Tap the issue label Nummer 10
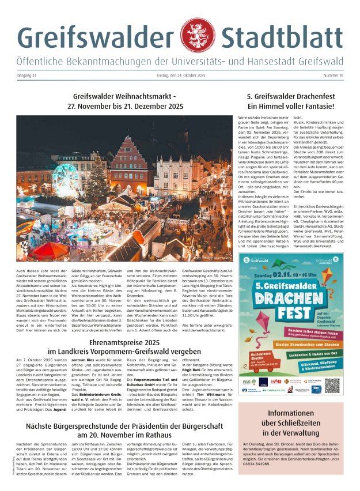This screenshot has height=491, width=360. click(333, 75)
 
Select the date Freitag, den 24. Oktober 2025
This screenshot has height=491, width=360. click(180, 75)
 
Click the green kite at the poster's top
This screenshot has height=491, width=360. click(325, 275)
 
